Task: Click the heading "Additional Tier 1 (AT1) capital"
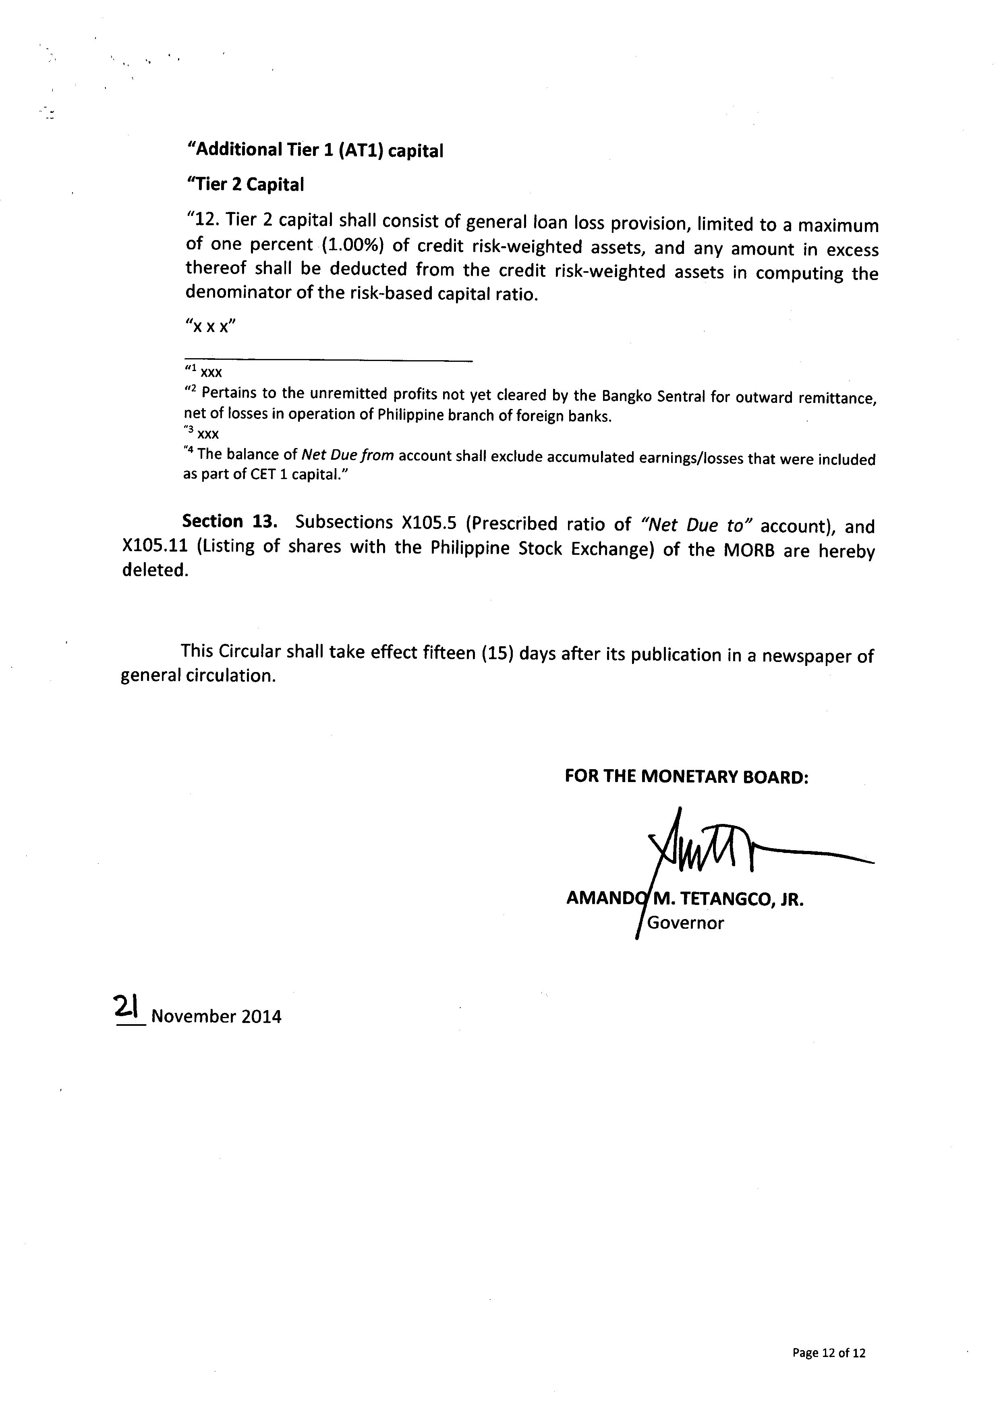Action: click(x=315, y=150)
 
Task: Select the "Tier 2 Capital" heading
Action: click(x=245, y=184)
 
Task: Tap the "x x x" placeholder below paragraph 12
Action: click(x=210, y=327)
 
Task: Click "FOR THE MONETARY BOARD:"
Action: click(x=686, y=777)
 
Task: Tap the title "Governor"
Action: click(x=685, y=923)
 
